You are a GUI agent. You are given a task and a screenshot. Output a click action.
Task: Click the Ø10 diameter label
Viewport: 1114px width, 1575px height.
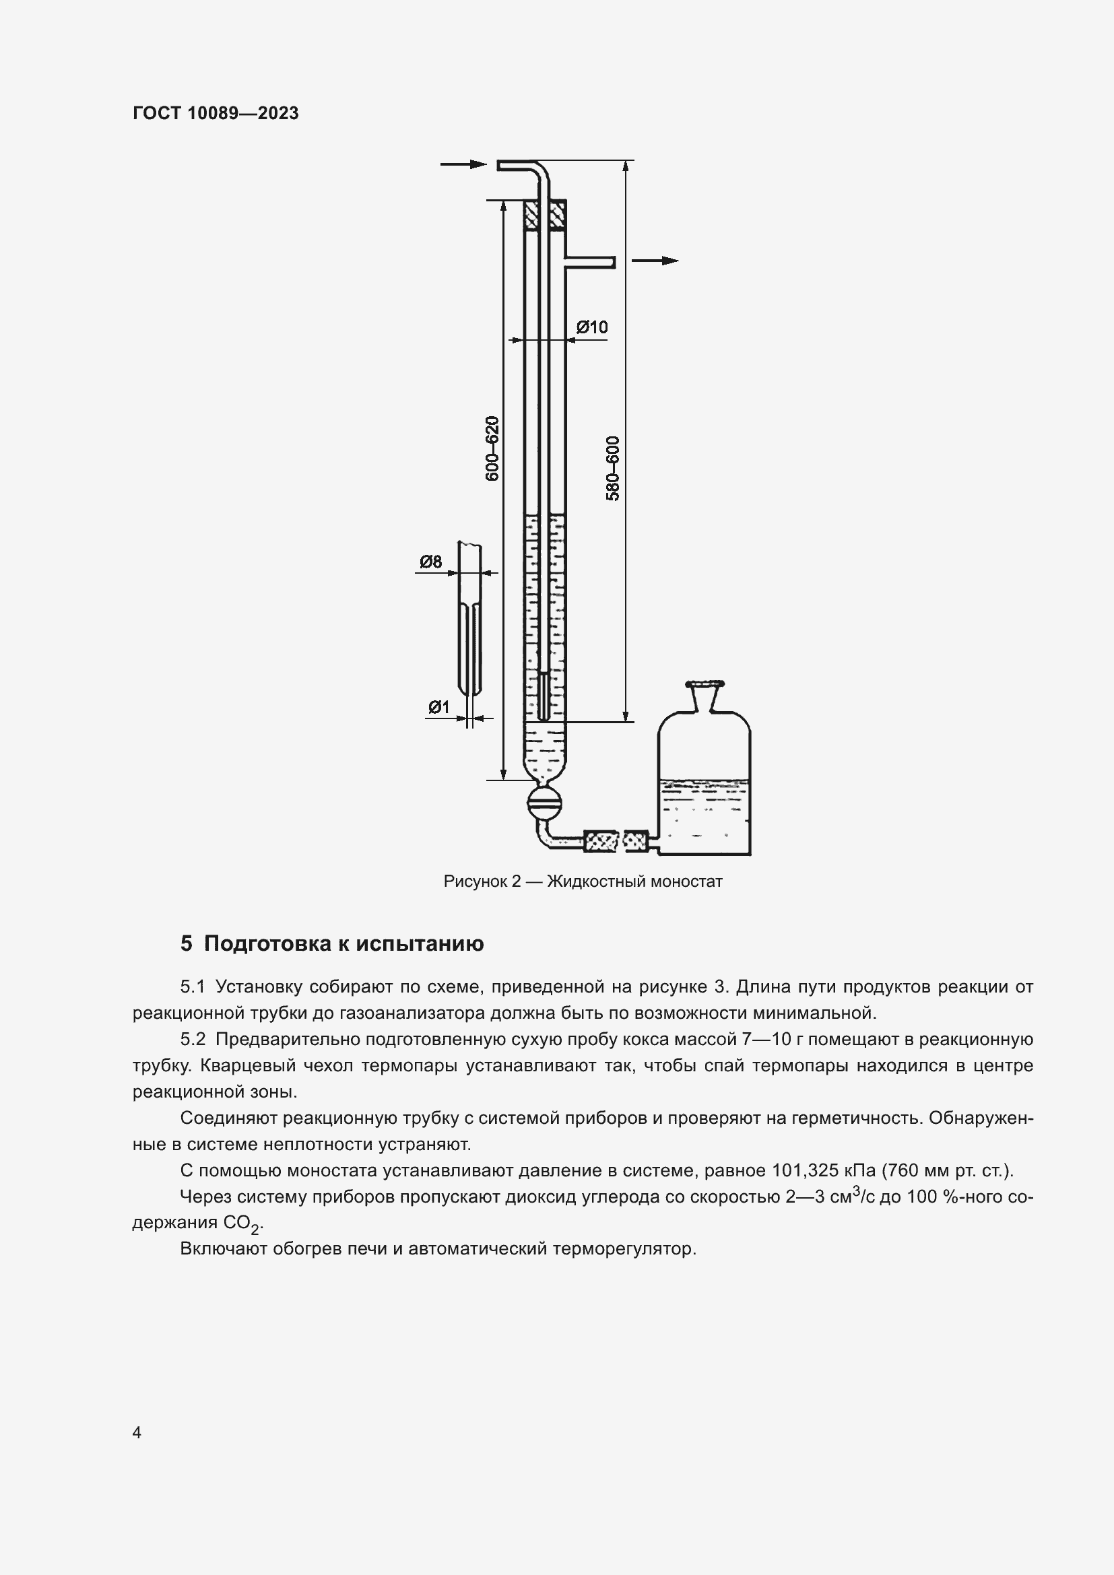coord(592,327)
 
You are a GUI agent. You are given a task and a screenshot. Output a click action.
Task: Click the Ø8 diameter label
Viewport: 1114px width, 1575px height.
coord(431,562)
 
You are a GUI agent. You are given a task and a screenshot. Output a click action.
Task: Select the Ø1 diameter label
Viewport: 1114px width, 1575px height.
coord(438,706)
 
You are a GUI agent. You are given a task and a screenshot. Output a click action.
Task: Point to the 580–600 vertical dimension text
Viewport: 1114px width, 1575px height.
coord(612,468)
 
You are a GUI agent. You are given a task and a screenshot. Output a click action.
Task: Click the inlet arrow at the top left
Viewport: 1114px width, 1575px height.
coord(463,164)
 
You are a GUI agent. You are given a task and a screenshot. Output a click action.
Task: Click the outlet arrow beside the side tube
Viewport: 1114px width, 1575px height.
coord(655,261)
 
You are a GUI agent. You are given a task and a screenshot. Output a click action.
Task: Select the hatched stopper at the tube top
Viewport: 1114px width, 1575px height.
coord(546,215)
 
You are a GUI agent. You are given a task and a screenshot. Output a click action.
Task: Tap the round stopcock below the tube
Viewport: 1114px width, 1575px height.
coord(546,802)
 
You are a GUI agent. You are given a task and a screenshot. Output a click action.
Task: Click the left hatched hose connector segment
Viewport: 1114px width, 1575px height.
coord(600,841)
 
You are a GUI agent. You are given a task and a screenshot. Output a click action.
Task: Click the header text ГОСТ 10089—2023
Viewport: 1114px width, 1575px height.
coord(216,113)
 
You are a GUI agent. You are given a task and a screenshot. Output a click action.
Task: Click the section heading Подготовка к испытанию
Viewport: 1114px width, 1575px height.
coord(343,943)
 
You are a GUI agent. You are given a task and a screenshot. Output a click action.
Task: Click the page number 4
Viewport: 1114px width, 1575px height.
coord(137,1432)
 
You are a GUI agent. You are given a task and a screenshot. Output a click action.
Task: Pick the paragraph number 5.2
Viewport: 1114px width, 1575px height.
coord(193,1039)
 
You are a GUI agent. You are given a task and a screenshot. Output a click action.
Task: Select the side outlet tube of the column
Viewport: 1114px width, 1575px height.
coord(590,262)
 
